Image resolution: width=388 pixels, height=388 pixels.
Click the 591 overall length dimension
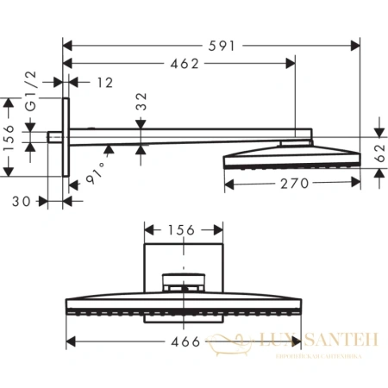pos(225,42)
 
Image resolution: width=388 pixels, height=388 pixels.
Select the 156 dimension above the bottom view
pos(180,230)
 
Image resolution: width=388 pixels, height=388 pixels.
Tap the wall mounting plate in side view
pos(66,135)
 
